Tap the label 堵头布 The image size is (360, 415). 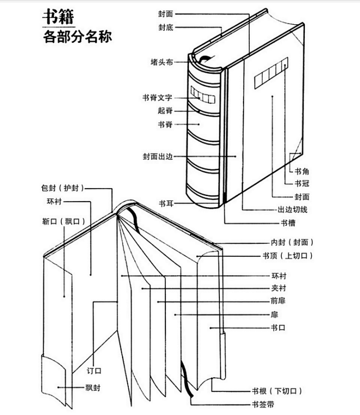coord(161,62)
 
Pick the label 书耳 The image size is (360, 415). coord(165,203)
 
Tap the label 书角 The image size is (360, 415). coord(301,171)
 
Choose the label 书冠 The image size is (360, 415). coord(301,184)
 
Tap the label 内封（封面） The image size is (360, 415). coord(292,242)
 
